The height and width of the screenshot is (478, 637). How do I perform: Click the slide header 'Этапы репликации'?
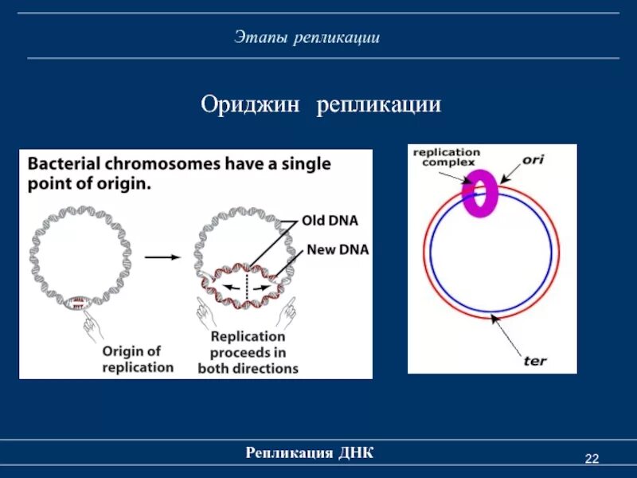pyautogui.click(x=307, y=37)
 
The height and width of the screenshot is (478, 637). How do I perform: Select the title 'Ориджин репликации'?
pyautogui.click(x=320, y=105)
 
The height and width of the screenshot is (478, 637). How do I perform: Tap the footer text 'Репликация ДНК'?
pyautogui.click(x=310, y=453)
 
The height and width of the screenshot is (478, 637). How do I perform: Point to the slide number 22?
pyautogui.click(x=591, y=458)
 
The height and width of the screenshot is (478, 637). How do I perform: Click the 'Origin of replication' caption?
pyautogui.click(x=137, y=358)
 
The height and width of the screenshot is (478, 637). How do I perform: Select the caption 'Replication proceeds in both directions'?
pyautogui.click(x=248, y=353)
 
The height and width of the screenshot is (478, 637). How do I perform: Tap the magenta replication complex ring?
pyautogui.click(x=481, y=194)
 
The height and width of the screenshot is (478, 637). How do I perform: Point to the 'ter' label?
pyautogui.click(x=535, y=360)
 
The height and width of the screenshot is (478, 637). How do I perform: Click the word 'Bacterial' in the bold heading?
pyautogui.click(x=65, y=165)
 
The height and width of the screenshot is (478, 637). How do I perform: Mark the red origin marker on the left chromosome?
pyautogui.click(x=78, y=302)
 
